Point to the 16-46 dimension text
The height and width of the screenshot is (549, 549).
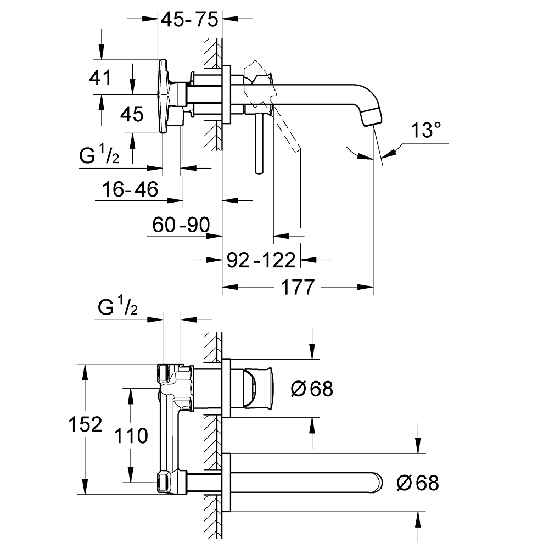[x=130, y=190]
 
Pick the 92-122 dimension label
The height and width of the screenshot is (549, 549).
[x=261, y=259]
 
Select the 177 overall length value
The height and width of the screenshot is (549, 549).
[x=298, y=287]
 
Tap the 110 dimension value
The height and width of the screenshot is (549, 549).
[x=132, y=436]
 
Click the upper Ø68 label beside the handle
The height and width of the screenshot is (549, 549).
[x=311, y=389]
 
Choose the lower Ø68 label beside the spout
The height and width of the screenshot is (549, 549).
[x=417, y=483]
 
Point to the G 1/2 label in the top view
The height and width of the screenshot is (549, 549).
[x=99, y=156]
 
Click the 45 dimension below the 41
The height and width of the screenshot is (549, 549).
[x=132, y=114]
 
